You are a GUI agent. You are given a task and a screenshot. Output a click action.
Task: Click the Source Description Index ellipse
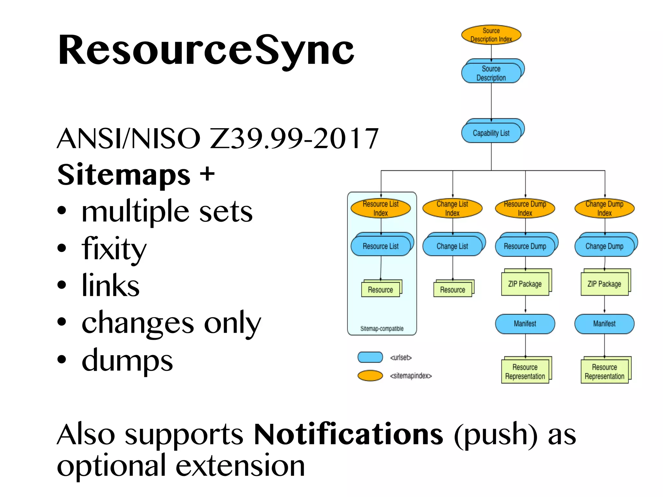point(491,35)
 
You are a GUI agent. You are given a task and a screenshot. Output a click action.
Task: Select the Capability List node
point(491,133)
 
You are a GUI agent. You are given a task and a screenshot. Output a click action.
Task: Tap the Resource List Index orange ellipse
point(381,208)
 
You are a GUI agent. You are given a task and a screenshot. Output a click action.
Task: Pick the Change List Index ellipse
point(452,208)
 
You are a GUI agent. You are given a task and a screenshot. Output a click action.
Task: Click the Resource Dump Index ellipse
point(525,208)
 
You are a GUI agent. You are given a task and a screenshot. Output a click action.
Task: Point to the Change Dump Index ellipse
point(604,208)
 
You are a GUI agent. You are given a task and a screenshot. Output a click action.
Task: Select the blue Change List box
point(452,246)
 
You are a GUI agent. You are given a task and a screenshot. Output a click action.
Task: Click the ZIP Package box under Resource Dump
point(525,284)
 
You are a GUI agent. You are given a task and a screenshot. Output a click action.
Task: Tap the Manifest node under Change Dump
point(604,324)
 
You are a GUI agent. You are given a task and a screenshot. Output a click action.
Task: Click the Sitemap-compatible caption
point(382,328)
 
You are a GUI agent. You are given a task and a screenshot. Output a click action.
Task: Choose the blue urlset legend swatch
point(370,357)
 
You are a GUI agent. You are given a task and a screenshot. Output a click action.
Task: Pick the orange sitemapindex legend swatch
point(370,375)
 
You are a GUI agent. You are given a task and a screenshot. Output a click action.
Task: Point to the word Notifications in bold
point(348,434)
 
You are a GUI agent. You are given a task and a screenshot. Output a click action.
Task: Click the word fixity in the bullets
point(114,248)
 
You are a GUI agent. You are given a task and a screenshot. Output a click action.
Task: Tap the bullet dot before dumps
point(62,359)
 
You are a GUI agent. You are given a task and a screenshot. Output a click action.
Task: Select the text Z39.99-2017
point(294,138)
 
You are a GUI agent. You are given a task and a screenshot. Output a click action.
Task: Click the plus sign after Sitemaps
point(207,174)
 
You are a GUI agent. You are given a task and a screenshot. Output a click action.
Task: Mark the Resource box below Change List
point(452,290)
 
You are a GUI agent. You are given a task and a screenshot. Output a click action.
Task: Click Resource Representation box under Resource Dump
point(525,371)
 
